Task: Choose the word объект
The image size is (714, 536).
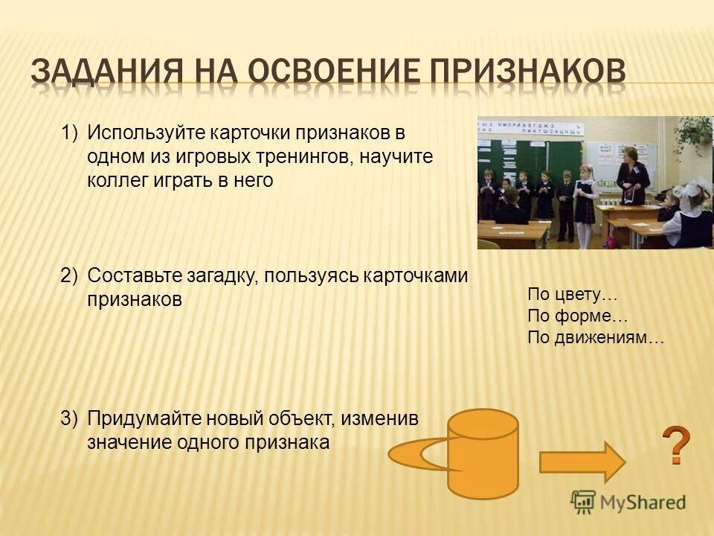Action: click(x=302, y=418)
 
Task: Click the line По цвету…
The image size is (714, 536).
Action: click(x=573, y=295)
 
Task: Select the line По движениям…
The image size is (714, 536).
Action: click(x=595, y=337)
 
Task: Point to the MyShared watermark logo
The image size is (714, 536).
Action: click(x=628, y=502)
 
